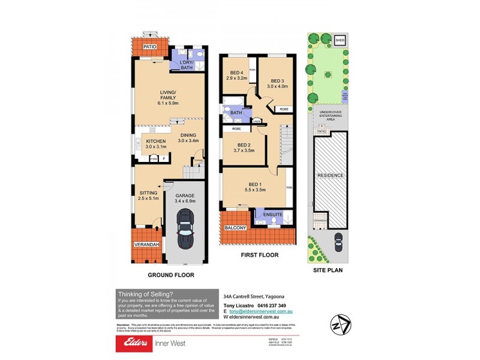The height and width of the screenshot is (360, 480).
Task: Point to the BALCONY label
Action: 235,229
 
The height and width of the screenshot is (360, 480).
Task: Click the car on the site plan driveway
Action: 338,244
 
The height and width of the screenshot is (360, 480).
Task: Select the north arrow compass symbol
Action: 340,323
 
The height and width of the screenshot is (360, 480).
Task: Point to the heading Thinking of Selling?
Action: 145,293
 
